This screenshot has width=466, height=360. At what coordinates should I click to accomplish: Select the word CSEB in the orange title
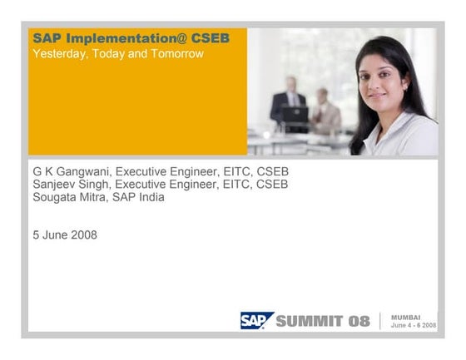coord(211,38)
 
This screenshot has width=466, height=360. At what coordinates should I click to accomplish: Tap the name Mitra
coord(97,197)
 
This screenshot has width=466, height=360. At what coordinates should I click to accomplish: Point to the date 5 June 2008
coord(65,234)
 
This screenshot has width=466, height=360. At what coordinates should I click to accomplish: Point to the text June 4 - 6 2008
coord(413,326)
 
